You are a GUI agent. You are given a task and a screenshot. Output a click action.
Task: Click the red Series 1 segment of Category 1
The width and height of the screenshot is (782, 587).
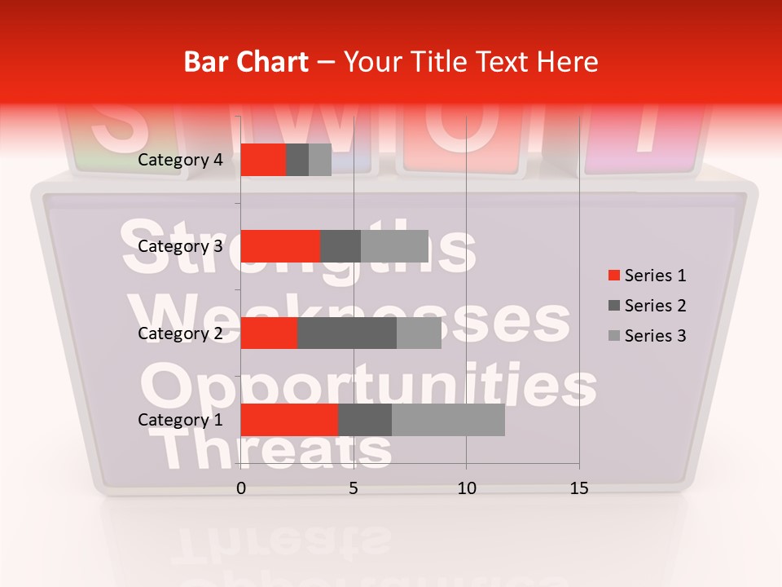coord(289,419)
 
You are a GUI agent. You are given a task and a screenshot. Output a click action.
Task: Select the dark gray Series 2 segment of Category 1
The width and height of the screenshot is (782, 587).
coord(364,419)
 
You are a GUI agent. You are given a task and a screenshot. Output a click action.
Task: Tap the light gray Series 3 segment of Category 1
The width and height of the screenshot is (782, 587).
coord(448,419)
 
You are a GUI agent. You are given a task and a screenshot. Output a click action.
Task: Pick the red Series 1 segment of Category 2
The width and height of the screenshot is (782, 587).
coord(269,333)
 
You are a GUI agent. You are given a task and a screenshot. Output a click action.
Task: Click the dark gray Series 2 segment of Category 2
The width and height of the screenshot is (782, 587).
coord(347,333)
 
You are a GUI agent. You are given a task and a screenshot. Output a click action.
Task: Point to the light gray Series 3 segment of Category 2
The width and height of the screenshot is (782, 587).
coord(419,333)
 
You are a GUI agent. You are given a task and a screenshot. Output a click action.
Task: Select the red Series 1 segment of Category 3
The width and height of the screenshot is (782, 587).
coord(280,246)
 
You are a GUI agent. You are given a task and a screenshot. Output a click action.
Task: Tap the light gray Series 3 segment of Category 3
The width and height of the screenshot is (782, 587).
coord(394,246)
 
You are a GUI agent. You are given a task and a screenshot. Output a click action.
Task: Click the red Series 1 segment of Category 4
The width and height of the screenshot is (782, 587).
coord(263,160)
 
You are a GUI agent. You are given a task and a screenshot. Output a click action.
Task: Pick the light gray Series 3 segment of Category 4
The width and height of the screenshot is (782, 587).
coord(320,160)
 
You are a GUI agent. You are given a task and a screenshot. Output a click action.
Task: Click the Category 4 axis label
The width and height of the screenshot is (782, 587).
coord(180,160)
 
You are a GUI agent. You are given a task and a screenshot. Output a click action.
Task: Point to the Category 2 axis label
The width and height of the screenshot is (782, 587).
coord(180,333)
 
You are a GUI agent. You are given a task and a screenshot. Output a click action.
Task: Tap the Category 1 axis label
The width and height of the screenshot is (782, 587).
coord(180,420)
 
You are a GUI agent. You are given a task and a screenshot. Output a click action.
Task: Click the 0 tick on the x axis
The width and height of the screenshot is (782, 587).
coord(241,488)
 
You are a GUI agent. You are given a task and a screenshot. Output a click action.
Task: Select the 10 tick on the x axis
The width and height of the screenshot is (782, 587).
coord(466,488)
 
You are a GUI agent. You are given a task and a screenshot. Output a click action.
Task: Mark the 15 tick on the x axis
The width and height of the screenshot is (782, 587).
coord(579,488)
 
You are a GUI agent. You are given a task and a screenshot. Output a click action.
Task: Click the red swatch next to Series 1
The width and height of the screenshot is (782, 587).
coord(613,276)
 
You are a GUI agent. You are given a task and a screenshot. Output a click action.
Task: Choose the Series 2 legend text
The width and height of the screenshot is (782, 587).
coord(655,306)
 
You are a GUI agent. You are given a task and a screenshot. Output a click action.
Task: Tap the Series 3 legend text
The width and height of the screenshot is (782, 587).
coord(655,336)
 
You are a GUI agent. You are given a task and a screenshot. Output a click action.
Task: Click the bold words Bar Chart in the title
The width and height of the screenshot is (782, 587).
coord(246,62)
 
